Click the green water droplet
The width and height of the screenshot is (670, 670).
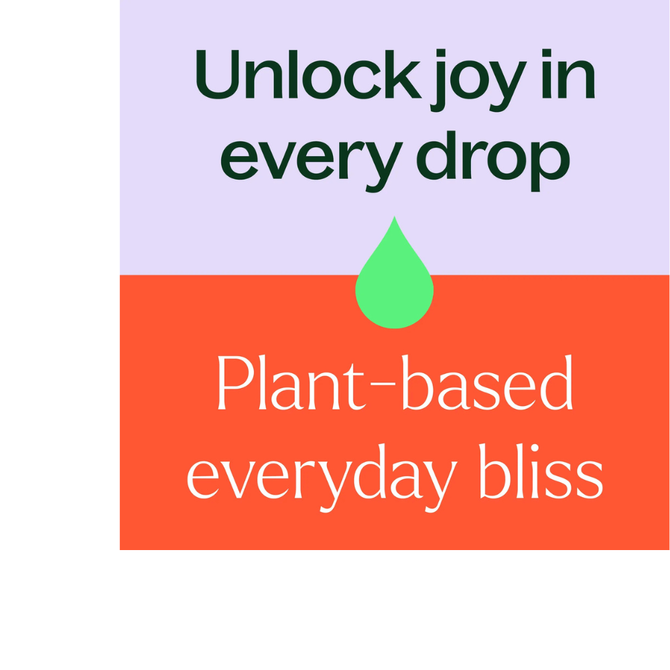(395, 288)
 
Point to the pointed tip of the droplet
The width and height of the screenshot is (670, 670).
(395, 218)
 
